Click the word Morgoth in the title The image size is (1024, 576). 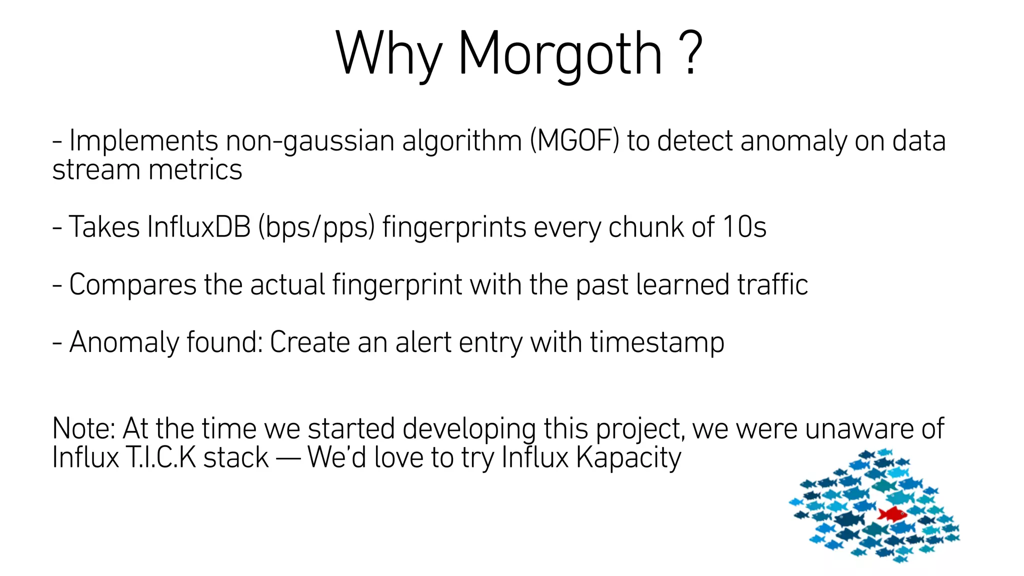click(x=559, y=54)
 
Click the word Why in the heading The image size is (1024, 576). click(x=388, y=54)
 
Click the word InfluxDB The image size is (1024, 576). click(x=199, y=227)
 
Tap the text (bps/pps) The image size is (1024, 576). click(x=316, y=228)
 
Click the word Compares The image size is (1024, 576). click(x=133, y=285)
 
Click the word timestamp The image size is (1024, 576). click(x=657, y=343)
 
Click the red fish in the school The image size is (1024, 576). click(x=892, y=513)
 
